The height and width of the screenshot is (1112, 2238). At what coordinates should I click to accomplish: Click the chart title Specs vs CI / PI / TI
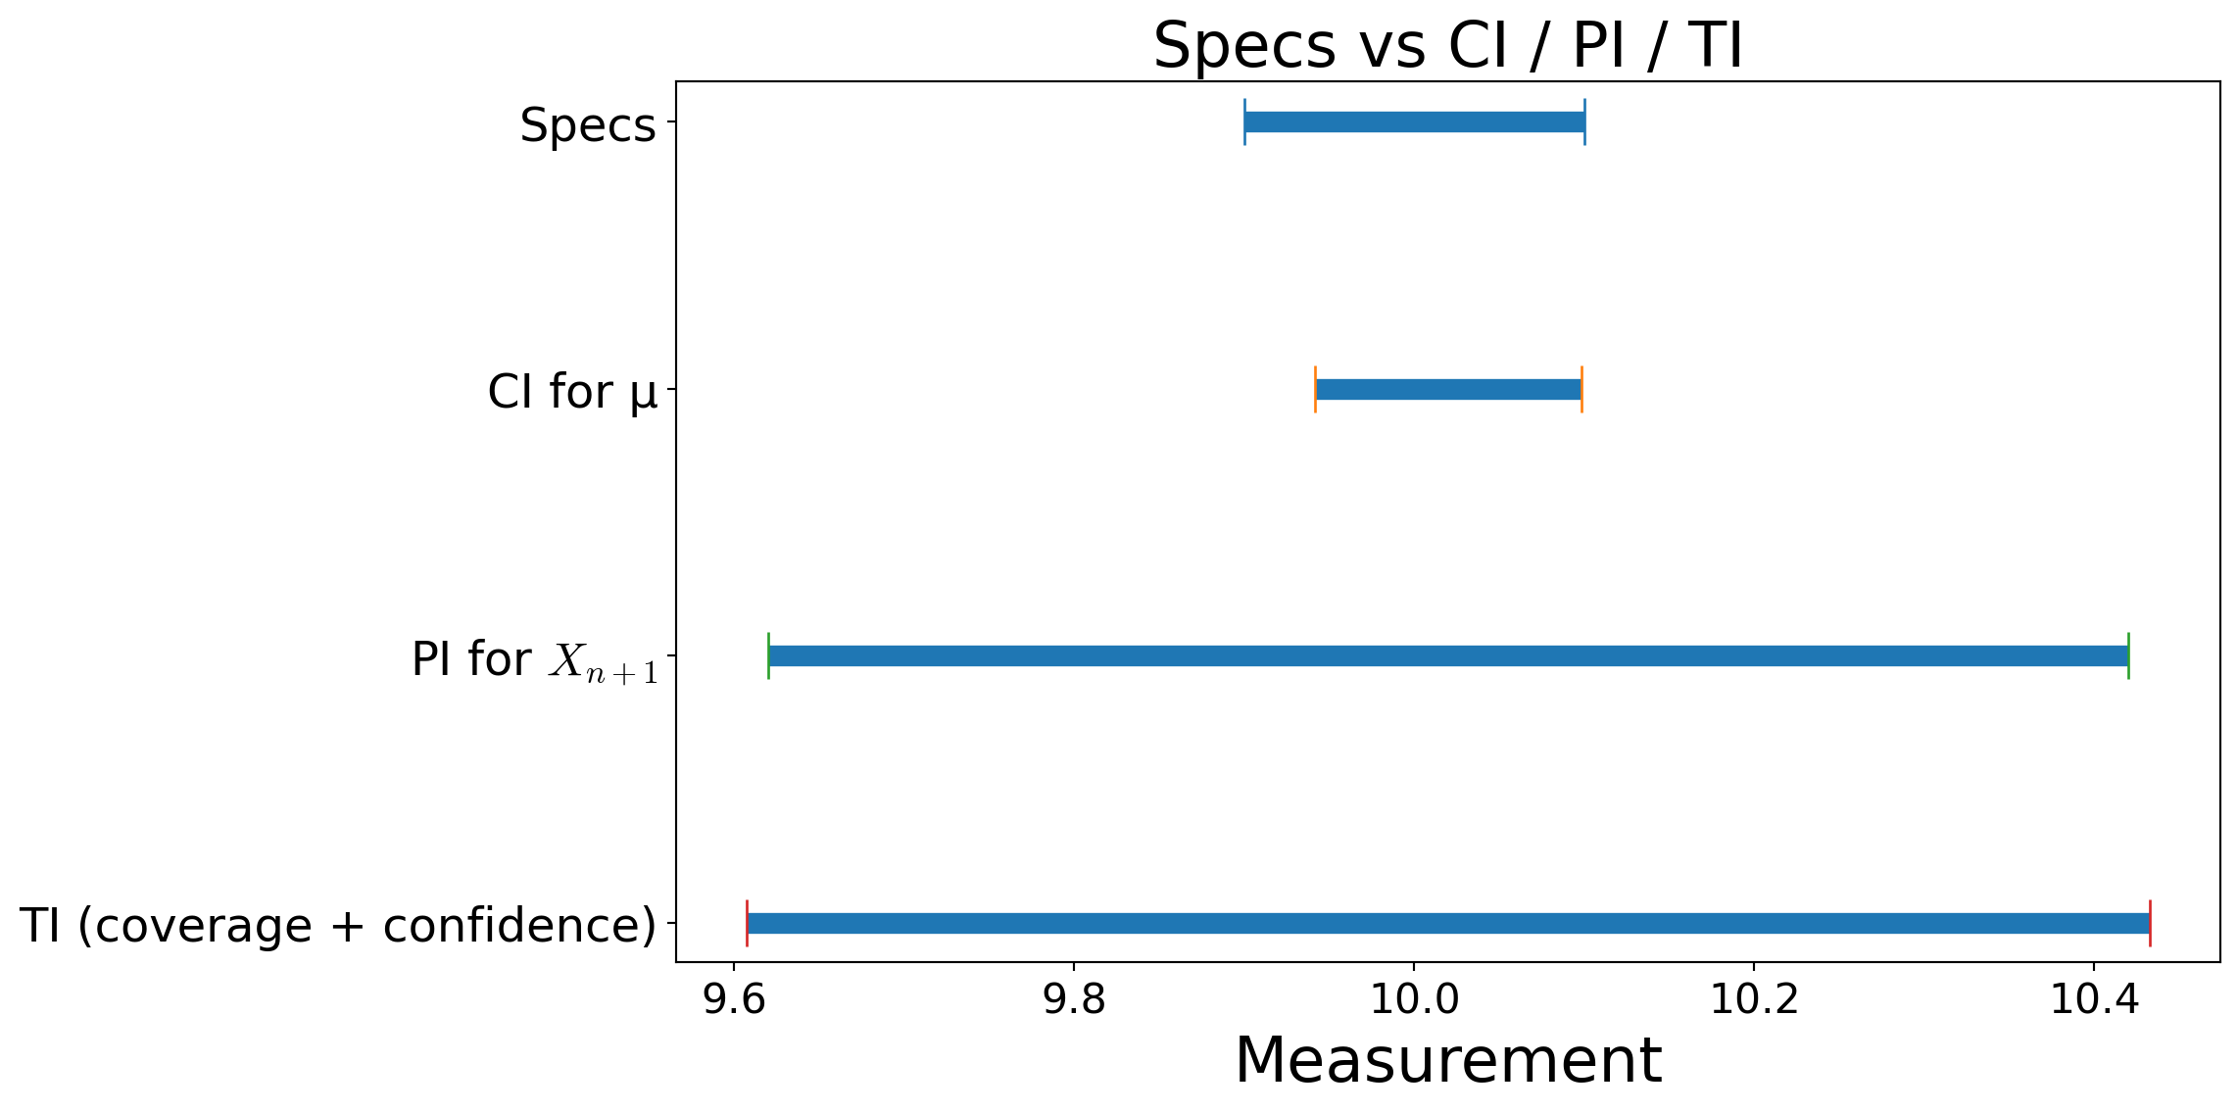point(1447,45)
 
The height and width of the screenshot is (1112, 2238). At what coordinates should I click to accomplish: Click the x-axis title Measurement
point(1447,1061)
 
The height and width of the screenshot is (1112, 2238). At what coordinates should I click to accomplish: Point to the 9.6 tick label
point(734,999)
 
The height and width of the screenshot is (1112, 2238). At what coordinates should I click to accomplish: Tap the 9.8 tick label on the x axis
point(1074,999)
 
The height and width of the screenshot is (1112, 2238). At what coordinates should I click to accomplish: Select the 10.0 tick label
point(1413,999)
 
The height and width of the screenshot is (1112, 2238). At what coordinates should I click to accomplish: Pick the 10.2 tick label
point(1753,999)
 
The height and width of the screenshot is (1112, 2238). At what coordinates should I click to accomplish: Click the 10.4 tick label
point(2093,999)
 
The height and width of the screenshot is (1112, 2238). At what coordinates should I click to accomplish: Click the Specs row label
point(587,125)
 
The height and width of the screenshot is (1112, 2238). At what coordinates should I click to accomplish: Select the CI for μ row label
point(572,392)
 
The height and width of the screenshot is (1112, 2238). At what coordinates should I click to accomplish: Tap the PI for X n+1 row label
point(534,659)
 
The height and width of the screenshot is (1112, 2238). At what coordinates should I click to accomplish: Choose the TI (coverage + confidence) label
point(337,926)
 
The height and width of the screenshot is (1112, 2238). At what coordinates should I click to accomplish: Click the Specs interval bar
point(1414,122)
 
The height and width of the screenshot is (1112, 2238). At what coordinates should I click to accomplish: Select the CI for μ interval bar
point(1448,389)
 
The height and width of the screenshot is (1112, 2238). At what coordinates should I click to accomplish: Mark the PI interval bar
point(1448,656)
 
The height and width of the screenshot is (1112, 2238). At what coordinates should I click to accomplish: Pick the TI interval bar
point(1448,923)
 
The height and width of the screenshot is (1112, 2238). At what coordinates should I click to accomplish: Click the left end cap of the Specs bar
point(1244,122)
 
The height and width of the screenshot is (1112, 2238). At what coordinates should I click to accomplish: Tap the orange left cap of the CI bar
point(1315,389)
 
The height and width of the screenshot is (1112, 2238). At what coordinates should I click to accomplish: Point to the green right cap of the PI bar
point(2128,656)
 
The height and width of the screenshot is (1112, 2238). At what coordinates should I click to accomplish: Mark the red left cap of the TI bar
point(747,923)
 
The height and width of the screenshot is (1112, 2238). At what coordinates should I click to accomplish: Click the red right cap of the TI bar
point(2150,923)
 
